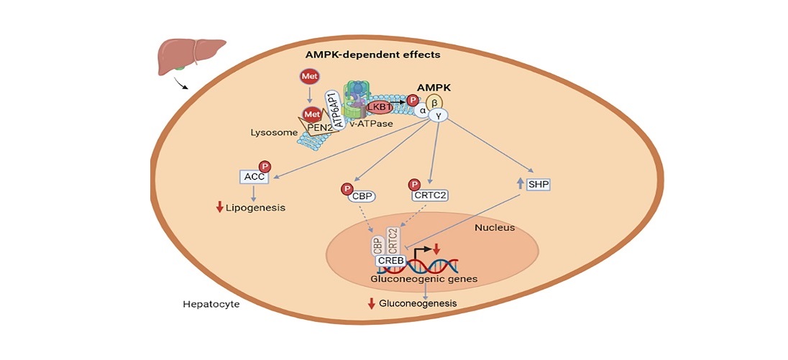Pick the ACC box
pos(252,177)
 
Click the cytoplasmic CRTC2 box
pos(429,194)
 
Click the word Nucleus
pos(494,229)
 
